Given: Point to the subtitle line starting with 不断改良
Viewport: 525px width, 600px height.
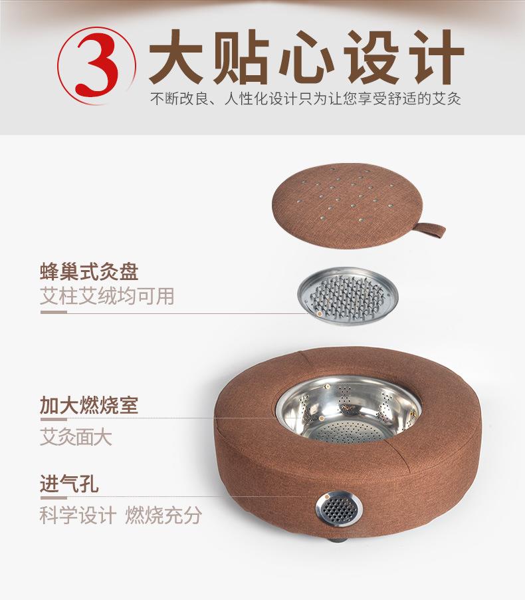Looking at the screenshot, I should point(305,100).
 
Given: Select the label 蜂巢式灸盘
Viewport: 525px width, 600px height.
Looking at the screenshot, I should point(89,272).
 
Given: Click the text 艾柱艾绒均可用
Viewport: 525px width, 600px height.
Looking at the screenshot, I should point(107,296).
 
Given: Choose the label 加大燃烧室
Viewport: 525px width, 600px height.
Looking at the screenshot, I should point(89,404).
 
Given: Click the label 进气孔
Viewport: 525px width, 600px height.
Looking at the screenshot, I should point(69,484).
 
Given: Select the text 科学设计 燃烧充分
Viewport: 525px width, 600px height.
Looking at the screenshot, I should point(120,516).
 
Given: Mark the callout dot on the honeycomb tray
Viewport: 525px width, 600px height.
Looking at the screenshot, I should point(320,313).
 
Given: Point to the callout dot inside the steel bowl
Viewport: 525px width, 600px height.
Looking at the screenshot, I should point(321,418).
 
